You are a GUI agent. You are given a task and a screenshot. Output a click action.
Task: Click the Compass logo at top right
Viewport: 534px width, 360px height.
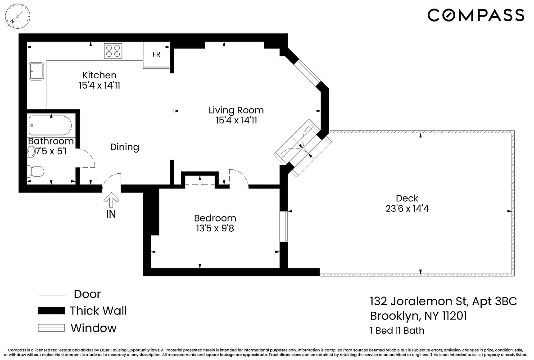tap(476, 16)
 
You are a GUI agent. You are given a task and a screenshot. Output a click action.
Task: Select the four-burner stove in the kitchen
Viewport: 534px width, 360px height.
tap(113, 50)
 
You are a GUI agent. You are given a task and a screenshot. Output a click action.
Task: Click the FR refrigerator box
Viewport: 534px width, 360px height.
tap(156, 55)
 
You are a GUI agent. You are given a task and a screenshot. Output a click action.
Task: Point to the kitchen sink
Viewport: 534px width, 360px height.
tap(36, 71)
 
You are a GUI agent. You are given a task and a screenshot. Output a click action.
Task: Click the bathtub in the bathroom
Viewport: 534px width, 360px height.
tap(50, 126)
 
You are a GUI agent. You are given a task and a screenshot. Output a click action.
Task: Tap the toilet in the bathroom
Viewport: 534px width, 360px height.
tap(36, 171)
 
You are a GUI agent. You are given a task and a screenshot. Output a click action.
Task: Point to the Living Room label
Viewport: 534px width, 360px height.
tap(236, 110)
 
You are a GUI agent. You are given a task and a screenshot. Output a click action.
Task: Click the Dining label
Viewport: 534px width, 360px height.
tap(125, 147)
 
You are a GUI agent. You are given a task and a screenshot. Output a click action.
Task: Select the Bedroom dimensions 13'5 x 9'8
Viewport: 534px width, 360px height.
tap(215, 228)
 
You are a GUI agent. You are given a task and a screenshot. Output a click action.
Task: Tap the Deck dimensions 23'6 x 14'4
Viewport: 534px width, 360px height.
tap(407, 208)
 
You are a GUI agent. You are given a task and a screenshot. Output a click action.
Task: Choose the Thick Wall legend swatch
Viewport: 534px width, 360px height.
tap(52, 311)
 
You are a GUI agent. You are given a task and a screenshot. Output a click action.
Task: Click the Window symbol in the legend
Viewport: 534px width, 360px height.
tap(52, 328)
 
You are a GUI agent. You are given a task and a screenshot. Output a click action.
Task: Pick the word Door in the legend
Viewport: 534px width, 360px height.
tap(87, 294)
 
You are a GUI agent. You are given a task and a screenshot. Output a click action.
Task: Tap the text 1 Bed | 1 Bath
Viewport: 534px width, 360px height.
tap(397, 331)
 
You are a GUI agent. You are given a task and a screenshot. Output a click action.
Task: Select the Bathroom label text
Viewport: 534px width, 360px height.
tap(50, 141)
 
